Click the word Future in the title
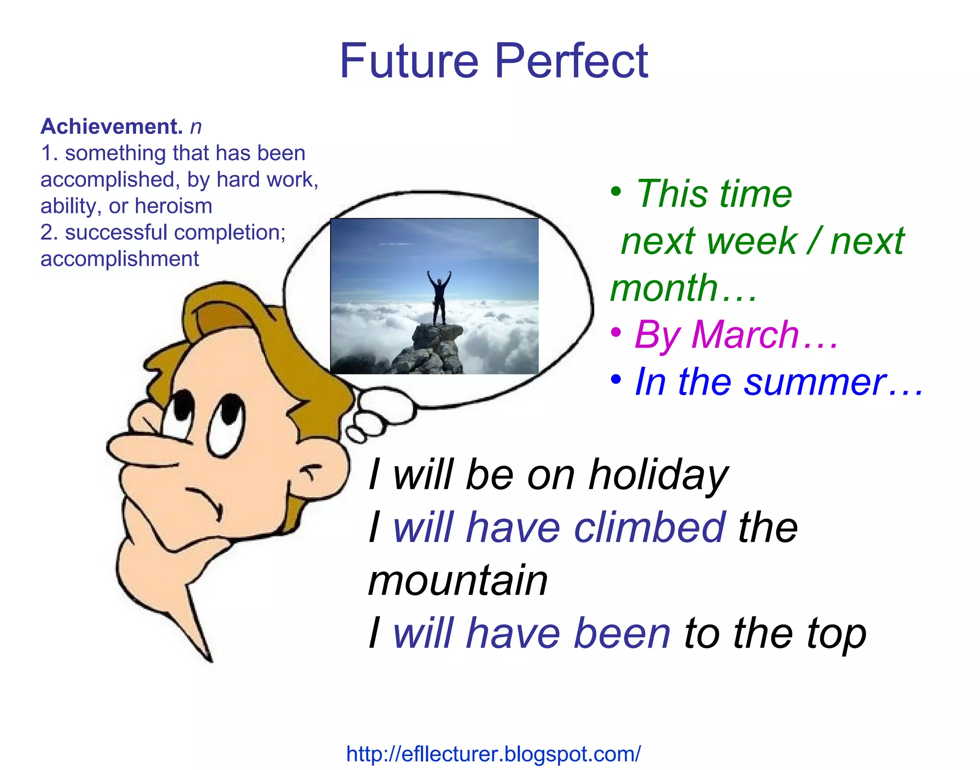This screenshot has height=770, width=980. pyautogui.click(x=409, y=61)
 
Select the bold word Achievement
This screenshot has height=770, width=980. pyautogui.click(x=111, y=127)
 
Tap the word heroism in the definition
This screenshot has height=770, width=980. pyautogui.click(x=173, y=206)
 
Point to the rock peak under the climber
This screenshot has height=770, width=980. pyautogui.click(x=433, y=349)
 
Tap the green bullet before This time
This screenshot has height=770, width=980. pyautogui.click(x=616, y=192)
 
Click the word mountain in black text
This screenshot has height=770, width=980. pyautogui.click(x=458, y=580)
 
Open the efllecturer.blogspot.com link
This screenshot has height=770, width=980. pyautogui.click(x=493, y=754)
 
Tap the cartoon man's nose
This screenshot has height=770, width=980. pyautogui.click(x=139, y=450)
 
